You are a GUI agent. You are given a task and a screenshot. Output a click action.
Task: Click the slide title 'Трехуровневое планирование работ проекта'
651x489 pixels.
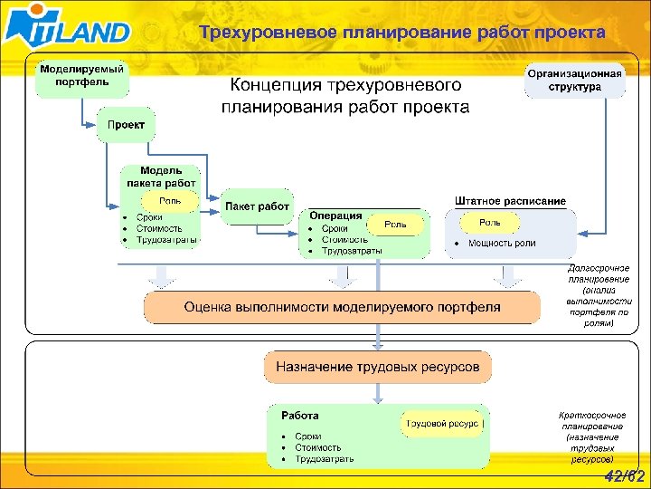[402, 34]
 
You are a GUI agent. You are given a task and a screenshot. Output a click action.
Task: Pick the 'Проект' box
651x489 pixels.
[127, 124]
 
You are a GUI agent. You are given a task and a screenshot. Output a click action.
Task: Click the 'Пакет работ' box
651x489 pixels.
[258, 206]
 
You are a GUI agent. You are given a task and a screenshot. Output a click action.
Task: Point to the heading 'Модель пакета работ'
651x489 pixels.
[161, 177]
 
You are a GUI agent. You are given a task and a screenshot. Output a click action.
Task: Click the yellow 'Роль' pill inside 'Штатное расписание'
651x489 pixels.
[489, 222]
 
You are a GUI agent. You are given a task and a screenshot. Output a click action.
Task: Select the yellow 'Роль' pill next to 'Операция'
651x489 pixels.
[395, 224]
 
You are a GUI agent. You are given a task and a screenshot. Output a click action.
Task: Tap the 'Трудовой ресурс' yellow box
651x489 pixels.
[442, 423]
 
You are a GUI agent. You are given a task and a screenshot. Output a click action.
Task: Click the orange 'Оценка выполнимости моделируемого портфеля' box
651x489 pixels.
[342, 307]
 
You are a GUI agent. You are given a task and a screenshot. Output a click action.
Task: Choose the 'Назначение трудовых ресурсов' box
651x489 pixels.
[378, 368]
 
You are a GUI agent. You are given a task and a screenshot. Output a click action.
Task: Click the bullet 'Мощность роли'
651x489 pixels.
[501, 243]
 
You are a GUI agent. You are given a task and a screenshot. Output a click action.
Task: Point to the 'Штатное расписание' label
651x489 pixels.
[510, 200]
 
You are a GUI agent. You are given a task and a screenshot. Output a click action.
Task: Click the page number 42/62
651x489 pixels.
[623, 476]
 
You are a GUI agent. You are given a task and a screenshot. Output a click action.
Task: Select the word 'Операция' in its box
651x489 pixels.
[335, 216]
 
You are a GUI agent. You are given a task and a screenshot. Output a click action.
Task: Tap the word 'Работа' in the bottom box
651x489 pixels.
[299, 416]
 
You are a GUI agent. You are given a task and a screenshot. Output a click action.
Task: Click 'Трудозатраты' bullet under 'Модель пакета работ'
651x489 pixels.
[165, 240]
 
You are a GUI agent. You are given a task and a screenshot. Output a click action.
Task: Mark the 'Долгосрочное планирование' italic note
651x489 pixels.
[599, 295]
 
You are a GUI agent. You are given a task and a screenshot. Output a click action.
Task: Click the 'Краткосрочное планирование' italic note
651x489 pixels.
[591, 436]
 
